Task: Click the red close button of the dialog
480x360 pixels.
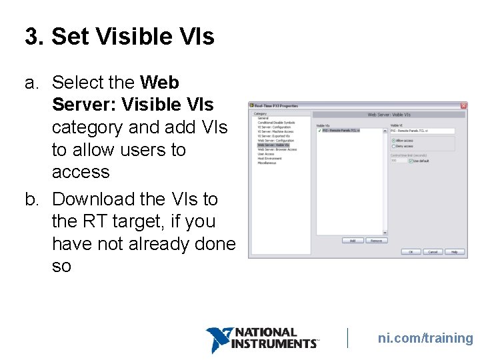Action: click(x=463, y=105)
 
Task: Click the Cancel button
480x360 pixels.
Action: click(x=433, y=252)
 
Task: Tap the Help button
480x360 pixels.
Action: click(x=454, y=252)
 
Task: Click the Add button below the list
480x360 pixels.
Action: click(x=352, y=240)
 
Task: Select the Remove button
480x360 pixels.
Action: click(x=376, y=240)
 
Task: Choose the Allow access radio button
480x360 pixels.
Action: click(x=393, y=141)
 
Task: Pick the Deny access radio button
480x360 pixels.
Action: click(x=393, y=146)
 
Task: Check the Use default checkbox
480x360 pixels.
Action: click(x=411, y=161)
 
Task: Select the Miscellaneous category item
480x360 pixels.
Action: click(x=267, y=163)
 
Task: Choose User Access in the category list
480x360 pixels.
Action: click(x=266, y=154)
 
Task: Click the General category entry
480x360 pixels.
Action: click(x=263, y=118)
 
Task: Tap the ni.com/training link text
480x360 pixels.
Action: click(x=425, y=338)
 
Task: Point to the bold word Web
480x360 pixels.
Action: click(x=161, y=83)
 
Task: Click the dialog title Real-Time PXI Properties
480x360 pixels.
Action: click(x=277, y=105)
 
